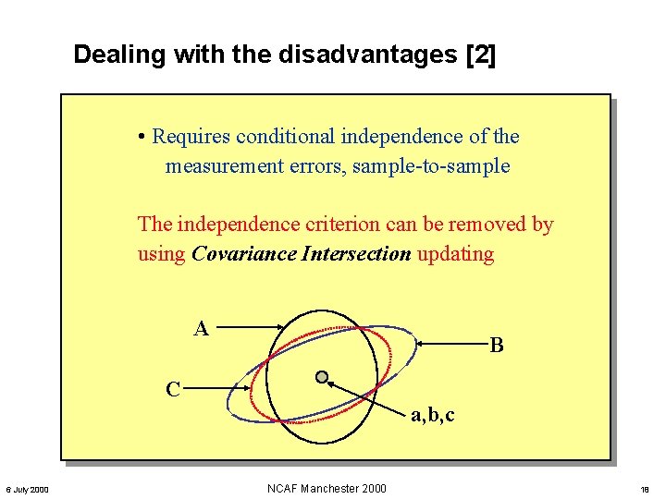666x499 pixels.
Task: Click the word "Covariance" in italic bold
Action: [x=243, y=253]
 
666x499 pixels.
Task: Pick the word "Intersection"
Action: [x=356, y=253]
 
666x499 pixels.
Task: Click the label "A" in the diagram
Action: [x=201, y=328]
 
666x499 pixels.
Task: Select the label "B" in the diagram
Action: [x=497, y=346]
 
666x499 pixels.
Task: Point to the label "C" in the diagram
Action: [x=173, y=389]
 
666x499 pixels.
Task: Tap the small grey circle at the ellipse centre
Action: [x=321, y=377]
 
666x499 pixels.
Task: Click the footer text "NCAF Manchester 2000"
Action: [x=326, y=488]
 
